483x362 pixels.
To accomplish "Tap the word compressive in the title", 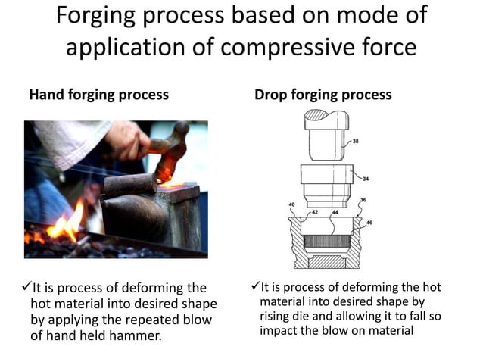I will pyautogui.click(x=288, y=46).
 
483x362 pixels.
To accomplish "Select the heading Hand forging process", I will pyautogui.click(x=98, y=95).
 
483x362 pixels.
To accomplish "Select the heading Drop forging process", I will pyautogui.click(x=323, y=95).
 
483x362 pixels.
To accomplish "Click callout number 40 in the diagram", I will pyautogui.click(x=292, y=205).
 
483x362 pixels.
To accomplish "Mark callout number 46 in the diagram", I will pyautogui.click(x=369, y=222).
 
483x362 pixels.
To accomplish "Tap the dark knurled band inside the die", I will pyautogui.click(x=325, y=242).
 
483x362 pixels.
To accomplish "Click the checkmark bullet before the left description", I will pyautogui.click(x=26, y=287).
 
